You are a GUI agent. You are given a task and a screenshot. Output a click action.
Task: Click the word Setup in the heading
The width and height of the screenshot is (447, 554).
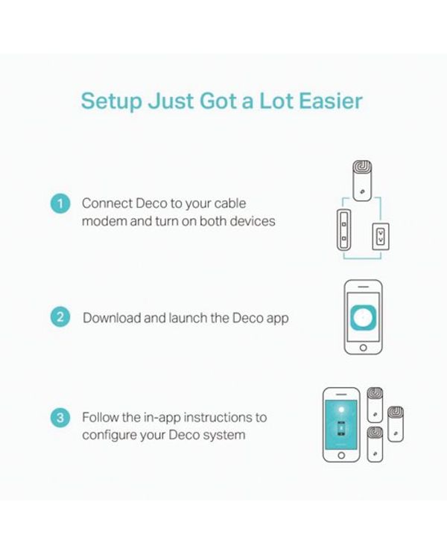pos(111,102)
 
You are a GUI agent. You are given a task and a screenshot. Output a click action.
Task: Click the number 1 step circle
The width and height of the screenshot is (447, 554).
pos(60,203)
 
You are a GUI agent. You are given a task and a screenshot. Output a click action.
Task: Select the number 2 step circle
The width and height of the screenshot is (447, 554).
pos(60,316)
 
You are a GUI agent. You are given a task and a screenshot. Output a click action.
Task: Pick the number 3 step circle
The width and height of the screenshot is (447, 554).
pos(60,417)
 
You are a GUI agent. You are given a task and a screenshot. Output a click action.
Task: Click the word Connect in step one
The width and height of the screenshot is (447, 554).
pos(107,203)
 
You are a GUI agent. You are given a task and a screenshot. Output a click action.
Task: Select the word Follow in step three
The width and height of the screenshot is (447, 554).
pos(101,417)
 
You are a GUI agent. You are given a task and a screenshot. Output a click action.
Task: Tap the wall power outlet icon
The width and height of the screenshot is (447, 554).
pos(381,236)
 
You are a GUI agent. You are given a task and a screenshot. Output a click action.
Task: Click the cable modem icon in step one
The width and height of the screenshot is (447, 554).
pos(344,229)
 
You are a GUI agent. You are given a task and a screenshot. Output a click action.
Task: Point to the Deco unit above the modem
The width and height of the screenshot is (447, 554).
pos(362,181)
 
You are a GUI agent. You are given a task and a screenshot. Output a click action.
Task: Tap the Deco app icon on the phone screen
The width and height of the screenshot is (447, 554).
pos(364,316)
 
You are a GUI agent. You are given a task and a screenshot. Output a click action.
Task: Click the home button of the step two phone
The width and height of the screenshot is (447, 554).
pos(364,348)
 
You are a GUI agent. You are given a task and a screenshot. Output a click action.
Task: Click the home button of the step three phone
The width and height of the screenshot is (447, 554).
pos(341,455)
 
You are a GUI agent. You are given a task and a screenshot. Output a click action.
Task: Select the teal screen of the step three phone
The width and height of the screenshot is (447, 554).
pos(341,424)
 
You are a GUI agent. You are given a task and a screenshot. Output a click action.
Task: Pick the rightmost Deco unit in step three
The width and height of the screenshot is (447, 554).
pos(396,424)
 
